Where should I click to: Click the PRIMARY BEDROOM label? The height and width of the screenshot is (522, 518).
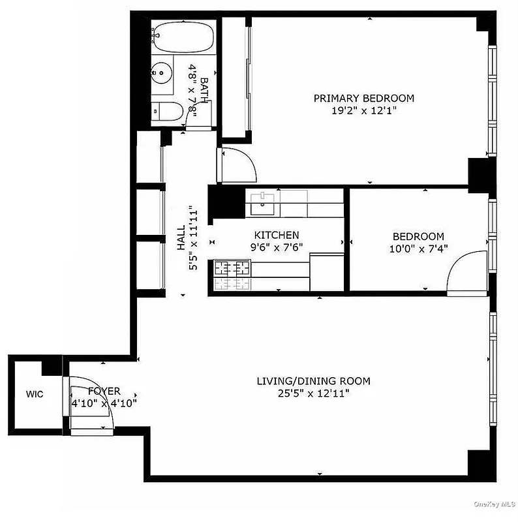pos(363,98)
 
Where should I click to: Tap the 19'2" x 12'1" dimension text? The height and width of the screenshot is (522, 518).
pos(363,111)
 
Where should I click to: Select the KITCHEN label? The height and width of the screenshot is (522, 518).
pos(277,235)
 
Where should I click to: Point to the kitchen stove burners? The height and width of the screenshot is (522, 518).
pos(233,268)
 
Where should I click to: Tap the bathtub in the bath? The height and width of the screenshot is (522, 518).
pos(183,38)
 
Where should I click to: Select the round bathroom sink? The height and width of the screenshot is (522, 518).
pos(163,72)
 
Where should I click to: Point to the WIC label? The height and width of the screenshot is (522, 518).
pos(35,394)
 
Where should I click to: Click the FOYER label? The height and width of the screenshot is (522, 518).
pos(104,391)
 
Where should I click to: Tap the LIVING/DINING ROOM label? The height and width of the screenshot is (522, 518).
pos(313,380)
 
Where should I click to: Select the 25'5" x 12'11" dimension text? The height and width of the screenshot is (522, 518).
pos(313,393)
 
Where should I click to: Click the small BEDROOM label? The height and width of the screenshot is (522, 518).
pos(418,236)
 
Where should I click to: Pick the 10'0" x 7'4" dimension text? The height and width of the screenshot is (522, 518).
pos(418,249)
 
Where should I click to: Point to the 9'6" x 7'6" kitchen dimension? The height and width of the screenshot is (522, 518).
pos(277,247)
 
